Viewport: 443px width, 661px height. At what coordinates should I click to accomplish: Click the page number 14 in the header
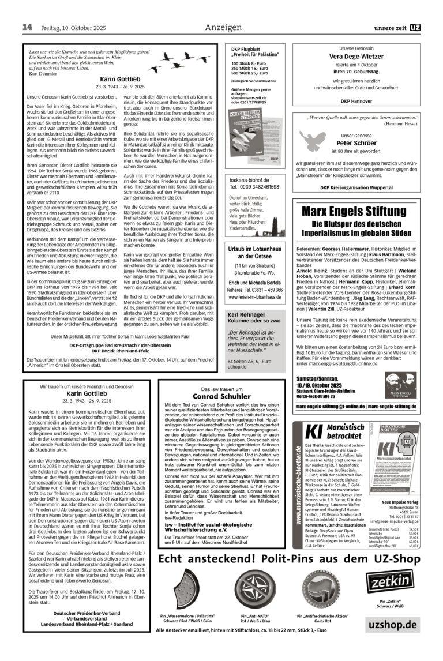27,28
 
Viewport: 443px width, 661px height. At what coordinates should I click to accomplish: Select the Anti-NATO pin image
257,590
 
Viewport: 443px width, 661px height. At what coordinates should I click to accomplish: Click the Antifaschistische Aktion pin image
322,590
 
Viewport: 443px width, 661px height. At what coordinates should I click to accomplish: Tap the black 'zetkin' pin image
392,585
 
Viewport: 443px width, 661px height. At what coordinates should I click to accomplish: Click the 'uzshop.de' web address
391,625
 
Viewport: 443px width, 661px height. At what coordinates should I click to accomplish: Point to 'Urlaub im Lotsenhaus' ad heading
254,251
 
